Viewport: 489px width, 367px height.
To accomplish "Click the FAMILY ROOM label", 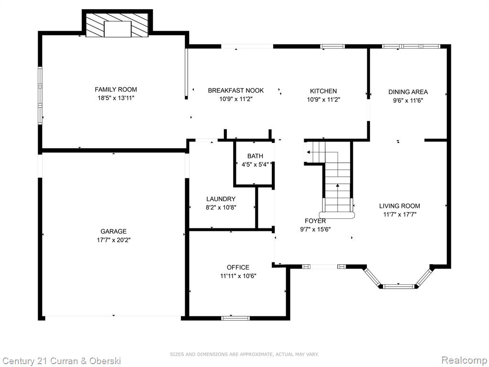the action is click(116, 89).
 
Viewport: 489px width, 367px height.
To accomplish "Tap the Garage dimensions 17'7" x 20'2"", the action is click(114, 240).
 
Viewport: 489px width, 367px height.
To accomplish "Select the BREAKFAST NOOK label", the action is click(236, 90).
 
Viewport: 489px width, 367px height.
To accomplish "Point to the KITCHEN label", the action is click(323, 91).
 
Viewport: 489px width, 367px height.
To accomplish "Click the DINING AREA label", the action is click(408, 92).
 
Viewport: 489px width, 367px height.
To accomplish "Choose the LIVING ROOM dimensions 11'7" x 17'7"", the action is click(400, 215).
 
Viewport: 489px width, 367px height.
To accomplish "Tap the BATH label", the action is click(255, 156).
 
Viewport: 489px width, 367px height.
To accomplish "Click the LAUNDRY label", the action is click(221, 199).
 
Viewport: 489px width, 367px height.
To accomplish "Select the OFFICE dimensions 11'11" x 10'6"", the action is click(238, 276).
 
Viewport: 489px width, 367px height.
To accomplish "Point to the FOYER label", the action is click(315, 221).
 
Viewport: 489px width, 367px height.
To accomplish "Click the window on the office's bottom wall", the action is click(235, 318).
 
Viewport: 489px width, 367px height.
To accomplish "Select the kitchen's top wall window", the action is click(333, 46).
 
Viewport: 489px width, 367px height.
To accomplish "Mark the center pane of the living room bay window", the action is click(398, 286).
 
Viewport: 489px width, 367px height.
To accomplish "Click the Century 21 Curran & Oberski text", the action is click(62, 361).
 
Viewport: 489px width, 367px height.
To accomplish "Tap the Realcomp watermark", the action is click(464, 360).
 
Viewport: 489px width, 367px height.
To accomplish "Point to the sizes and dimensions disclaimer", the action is click(244, 354).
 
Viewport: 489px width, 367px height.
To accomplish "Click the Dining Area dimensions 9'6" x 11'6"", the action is click(408, 100).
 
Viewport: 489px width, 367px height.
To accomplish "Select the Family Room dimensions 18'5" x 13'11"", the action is click(116, 98).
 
